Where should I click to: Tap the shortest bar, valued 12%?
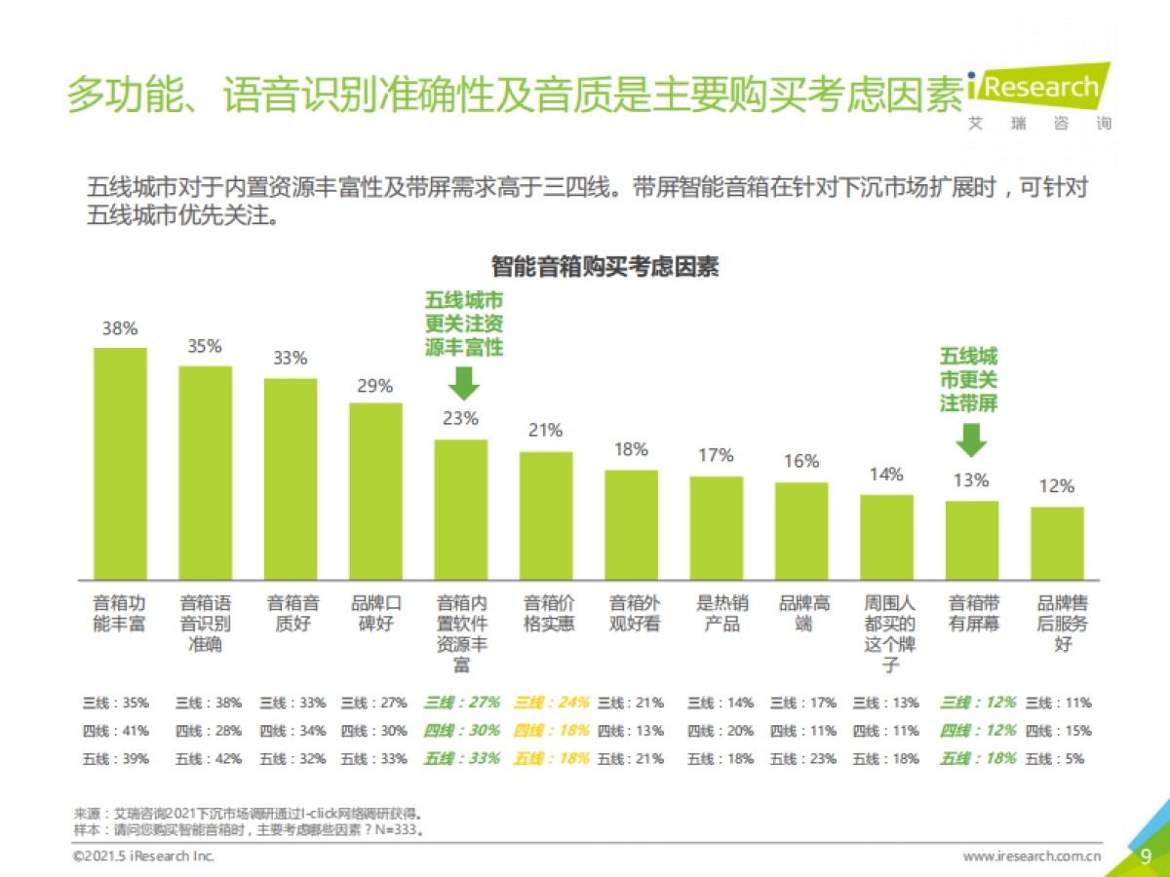[1057, 542]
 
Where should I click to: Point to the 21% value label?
[545, 430]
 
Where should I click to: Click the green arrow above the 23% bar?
[464, 382]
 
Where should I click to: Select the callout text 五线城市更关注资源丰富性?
[464, 324]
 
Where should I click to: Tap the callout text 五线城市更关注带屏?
[969, 379]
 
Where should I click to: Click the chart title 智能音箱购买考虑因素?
[604, 266]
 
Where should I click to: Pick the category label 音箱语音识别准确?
[205, 624]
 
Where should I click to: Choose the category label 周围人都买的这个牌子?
[887, 634]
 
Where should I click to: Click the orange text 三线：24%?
[551, 702]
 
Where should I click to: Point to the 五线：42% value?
[209, 758]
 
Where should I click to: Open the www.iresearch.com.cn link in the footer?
[1033, 857]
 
